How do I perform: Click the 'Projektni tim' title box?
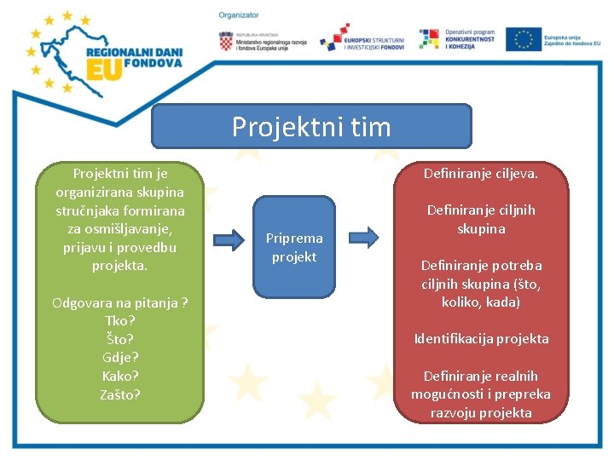(x=311, y=127)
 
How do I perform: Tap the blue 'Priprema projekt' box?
(x=294, y=247)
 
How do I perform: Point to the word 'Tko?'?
(x=120, y=320)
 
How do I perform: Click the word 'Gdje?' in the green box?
(x=120, y=357)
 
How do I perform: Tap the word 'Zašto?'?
(x=120, y=394)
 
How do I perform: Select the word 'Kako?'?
(x=120, y=376)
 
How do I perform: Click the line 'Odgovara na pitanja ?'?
(x=120, y=302)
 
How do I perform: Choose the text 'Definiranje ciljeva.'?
(x=482, y=174)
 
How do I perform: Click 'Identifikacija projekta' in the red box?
(x=482, y=339)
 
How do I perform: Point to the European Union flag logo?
(x=523, y=39)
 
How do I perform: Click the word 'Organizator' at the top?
(x=239, y=15)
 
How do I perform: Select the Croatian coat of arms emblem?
(x=226, y=41)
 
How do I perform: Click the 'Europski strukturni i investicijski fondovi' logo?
(x=362, y=38)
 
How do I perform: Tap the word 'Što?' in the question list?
(x=120, y=339)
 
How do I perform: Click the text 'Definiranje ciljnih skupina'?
(x=482, y=219)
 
